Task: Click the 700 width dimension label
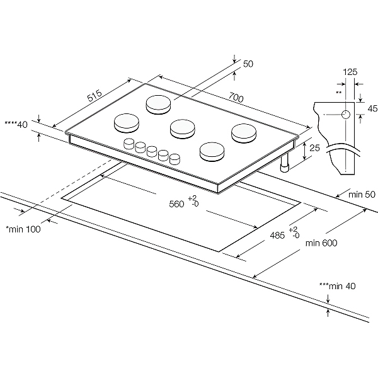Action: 236,98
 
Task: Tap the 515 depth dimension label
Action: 94,96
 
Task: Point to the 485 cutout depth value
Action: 278,235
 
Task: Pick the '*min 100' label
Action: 23,229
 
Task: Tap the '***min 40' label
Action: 338,286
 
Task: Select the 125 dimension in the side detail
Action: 350,72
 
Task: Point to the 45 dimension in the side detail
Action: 372,108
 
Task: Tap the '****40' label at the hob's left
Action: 16,125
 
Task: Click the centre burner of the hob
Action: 183,129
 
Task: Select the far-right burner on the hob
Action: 243,132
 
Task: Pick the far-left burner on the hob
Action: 126,122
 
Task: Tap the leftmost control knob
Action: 129,143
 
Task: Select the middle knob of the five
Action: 152,151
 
